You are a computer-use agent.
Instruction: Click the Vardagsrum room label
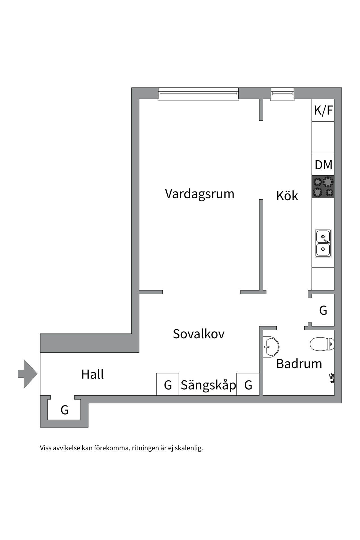click(x=199, y=194)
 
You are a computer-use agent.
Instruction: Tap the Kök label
click(x=287, y=196)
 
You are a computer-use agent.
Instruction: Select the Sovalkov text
click(x=199, y=334)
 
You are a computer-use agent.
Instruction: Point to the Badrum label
click(x=299, y=364)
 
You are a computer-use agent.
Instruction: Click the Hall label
click(x=93, y=374)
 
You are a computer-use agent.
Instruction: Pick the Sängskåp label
click(x=208, y=385)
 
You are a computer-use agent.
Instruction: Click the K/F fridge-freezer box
click(x=323, y=110)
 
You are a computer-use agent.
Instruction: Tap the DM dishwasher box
click(x=323, y=165)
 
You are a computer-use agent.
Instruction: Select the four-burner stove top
click(x=323, y=187)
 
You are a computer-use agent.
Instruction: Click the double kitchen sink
click(x=323, y=243)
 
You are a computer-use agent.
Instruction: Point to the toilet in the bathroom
click(x=322, y=344)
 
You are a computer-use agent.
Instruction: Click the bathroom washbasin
click(x=271, y=347)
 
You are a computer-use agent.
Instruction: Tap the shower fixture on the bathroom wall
click(x=332, y=377)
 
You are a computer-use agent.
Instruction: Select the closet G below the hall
click(x=64, y=410)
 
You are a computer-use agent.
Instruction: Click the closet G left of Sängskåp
click(x=168, y=385)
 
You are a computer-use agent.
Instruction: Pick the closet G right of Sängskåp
click(x=248, y=385)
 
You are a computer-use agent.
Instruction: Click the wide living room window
click(x=198, y=94)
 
